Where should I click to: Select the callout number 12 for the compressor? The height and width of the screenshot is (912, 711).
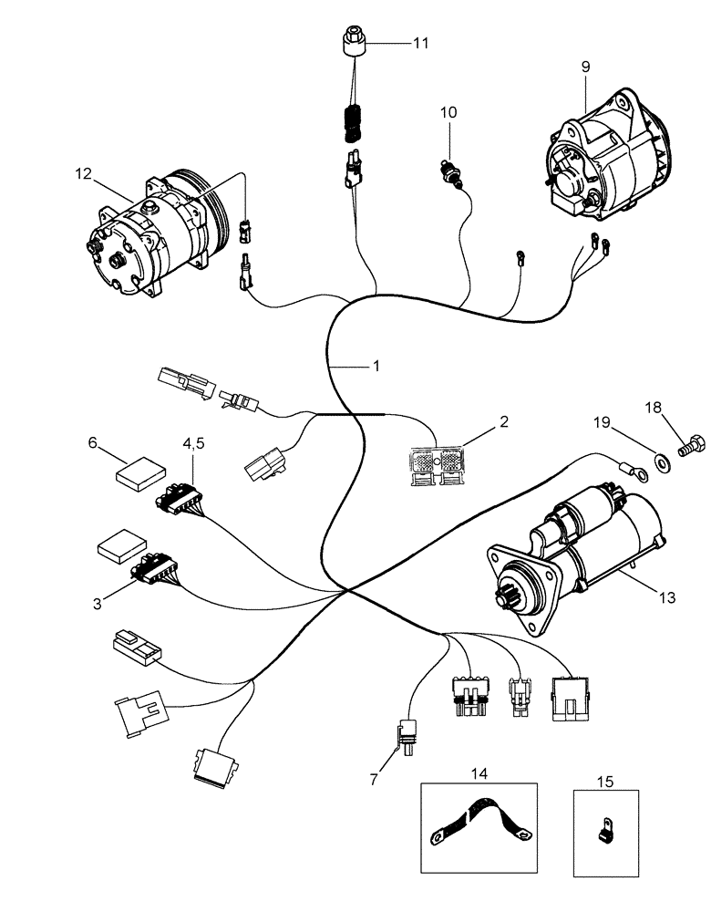(x=84, y=174)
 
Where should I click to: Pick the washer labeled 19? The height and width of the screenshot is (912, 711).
(x=660, y=455)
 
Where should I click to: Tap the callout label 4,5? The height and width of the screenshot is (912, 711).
(x=194, y=444)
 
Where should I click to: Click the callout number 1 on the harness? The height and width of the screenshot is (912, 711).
(x=374, y=367)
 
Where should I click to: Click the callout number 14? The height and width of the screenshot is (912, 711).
(x=479, y=773)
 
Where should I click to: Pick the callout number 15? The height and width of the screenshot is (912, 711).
(x=605, y=782)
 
